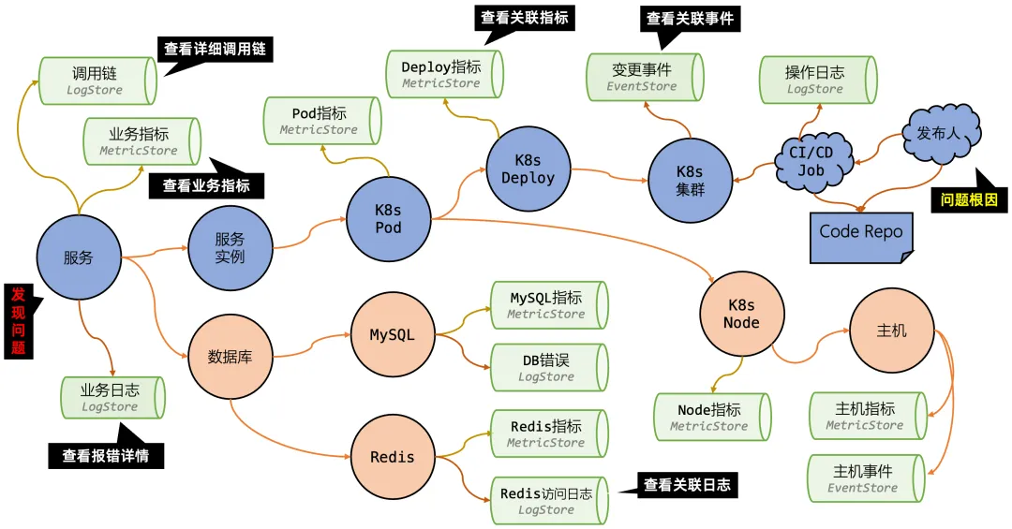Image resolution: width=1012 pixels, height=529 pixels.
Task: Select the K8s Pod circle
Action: [x=388, y=218]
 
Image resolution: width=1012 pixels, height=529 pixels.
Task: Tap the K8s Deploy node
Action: [x=528, y=169]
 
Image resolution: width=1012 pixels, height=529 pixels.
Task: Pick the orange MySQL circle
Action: [x=392, y=334]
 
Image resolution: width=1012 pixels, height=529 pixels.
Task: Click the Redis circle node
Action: [x=392, y=457]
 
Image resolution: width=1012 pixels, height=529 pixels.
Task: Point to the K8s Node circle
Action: [x=741, y=314]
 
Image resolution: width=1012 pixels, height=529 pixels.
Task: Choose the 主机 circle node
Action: [x=891, y=331]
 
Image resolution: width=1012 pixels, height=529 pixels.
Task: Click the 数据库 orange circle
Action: [x=230, y=357]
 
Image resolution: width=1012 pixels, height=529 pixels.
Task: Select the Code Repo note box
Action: [x=860, y=233]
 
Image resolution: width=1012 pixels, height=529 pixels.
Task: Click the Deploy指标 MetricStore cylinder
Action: [x=444, y=74]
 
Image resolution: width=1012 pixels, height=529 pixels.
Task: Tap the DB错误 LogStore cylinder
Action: [x=549, y=367]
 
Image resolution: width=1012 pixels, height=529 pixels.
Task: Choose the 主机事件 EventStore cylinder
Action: [x=865, y=478]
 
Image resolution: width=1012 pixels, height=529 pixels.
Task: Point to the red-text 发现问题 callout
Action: [x=19, y=320]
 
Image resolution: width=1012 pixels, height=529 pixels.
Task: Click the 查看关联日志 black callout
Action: [x=685, y=485]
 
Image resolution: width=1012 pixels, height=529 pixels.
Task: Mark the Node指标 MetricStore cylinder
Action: [x=711, y=418]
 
